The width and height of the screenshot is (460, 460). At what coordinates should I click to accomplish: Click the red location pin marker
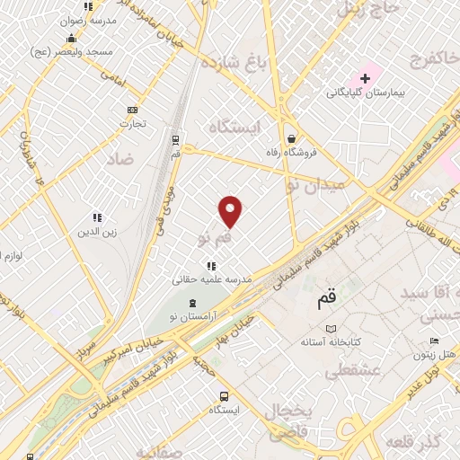231,211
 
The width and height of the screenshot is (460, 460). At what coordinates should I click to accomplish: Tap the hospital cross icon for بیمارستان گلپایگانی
365,79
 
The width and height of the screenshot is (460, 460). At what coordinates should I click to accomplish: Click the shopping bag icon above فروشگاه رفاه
292,138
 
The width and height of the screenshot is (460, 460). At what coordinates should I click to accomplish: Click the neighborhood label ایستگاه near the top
232,127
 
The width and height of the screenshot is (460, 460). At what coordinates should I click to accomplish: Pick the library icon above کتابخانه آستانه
332,330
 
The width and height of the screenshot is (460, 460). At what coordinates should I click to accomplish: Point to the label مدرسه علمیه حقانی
212,279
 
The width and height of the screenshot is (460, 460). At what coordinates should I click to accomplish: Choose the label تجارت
133,123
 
